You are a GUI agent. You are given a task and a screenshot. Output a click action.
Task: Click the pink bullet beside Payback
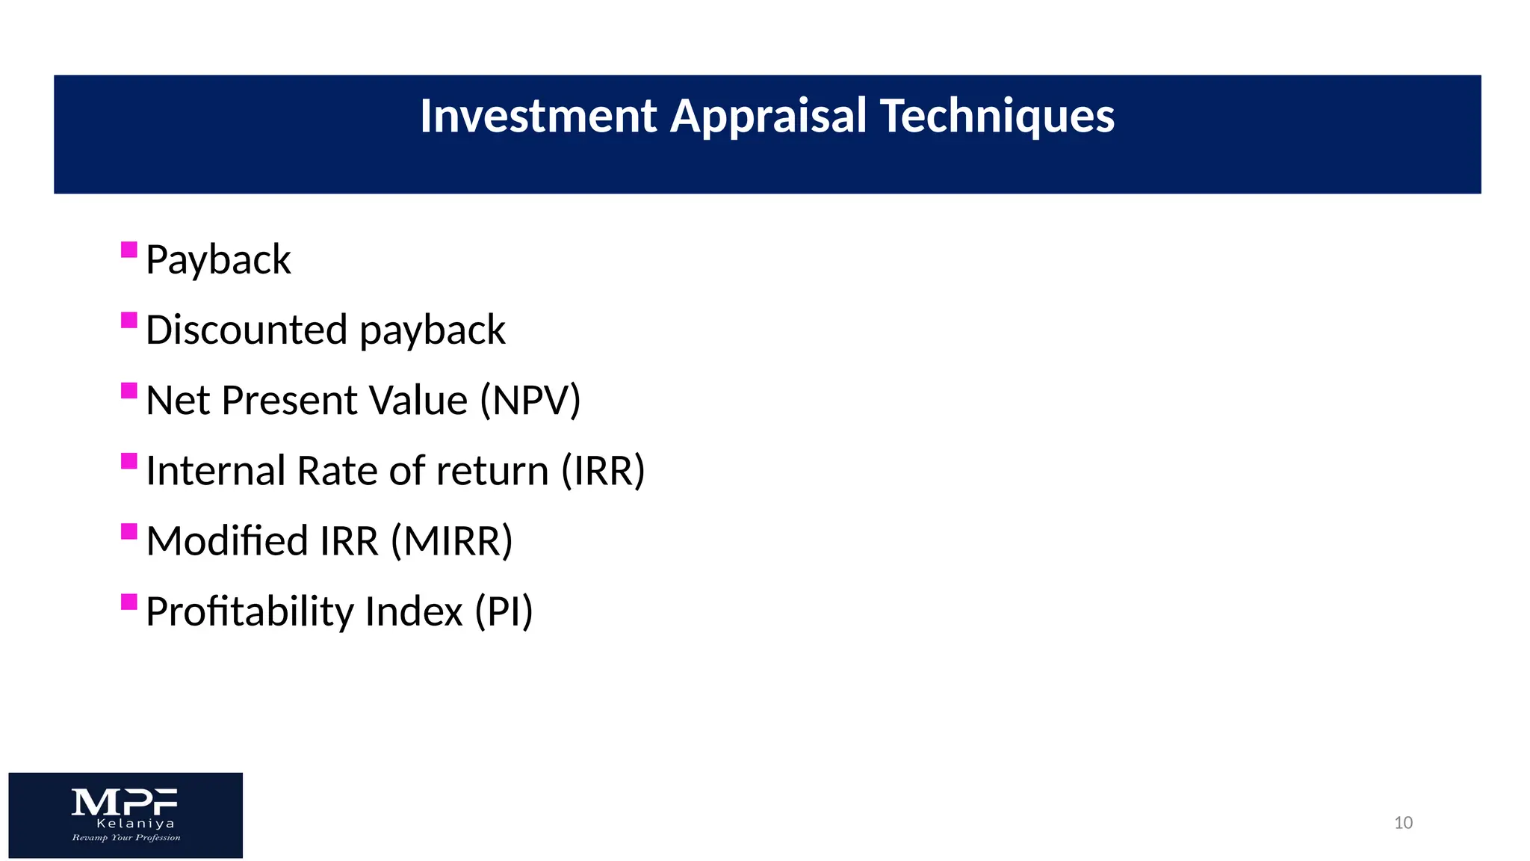pyautogui.click(x=129, y=249)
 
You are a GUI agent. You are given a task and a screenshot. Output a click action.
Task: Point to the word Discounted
pyautogui.click(x=247, y=330)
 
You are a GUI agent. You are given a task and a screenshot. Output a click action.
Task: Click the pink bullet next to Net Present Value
pyautogui.click(x=129, y=390)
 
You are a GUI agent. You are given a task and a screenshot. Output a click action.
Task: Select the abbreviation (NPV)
pyautogui.click(x=530, y=400)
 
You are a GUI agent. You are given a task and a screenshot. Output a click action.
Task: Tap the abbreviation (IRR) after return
pyautogui.click(x=603, y=471)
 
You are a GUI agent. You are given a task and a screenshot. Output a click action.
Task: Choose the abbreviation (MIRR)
pyautogui.click(x=452, y=541)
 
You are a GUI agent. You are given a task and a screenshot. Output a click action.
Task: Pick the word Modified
pyautogui.click(x=226, y=541)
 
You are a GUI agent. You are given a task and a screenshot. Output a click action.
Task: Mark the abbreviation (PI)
pyautogui.click(x=504, y=611)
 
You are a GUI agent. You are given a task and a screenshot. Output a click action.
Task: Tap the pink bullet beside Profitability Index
pyautogui.click(x=129, y=602)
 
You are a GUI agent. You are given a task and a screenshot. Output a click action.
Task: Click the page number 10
pyautogui.click(x=1403, y=823)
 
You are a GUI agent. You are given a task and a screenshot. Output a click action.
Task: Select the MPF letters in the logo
pyautogui.click(x=125, y=802)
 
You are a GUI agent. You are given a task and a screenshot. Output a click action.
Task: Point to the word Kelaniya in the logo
pyautogui.click(x=135, y=824)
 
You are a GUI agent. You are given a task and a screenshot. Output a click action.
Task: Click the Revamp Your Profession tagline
pyautogui.click(x=126, y=838)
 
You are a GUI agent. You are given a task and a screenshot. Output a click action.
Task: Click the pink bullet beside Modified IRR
pyautogui.click(x=129, y=531)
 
